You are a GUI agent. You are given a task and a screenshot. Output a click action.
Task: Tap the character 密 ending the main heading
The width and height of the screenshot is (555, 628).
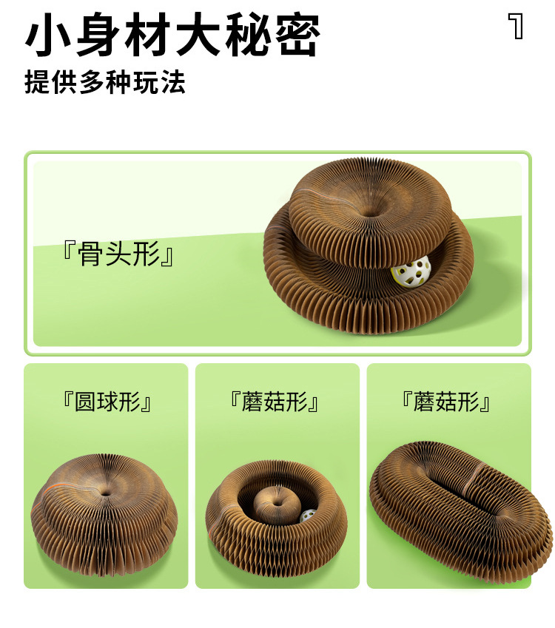(x=297, y=34)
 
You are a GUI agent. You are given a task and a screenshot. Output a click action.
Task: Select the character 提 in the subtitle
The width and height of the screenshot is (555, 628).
(x=37, y=83)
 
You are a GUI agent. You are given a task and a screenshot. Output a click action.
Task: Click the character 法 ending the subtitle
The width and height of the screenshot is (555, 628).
(x=173, y=83)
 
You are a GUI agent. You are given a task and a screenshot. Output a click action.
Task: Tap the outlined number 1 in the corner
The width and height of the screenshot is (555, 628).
(x=516, y=26)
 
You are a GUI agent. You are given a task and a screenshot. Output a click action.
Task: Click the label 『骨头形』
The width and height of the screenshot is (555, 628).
(x=118, y=254)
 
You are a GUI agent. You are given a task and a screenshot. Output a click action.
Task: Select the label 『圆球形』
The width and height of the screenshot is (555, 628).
(x=107, y=402)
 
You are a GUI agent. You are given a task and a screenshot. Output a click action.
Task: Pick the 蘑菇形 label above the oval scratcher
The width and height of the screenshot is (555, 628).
(x=446, y=402)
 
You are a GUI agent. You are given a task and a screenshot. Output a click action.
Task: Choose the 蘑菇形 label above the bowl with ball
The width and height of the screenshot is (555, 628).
(x=275, y=402)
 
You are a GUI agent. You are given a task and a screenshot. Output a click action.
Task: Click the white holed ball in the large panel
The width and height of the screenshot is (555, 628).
(x=411, y=271)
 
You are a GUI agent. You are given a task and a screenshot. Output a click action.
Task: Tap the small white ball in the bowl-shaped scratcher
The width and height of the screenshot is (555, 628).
(x=308, y=515)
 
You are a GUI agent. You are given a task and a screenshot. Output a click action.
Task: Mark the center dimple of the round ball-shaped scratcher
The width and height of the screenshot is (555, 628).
(x=105, y=493)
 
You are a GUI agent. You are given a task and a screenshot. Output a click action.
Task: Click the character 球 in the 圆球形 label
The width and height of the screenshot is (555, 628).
(x=107, y=402)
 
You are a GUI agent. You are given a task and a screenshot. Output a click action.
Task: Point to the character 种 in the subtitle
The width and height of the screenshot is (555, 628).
(x=119, y=83)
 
